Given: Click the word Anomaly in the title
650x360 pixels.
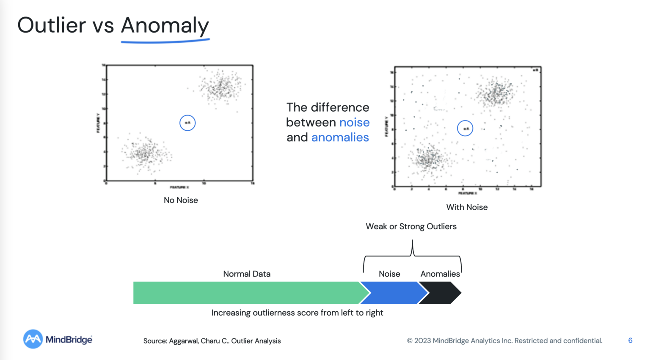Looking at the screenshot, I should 165,25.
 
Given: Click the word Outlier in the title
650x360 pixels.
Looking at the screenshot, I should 52,25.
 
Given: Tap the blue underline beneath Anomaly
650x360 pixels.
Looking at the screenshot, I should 165,41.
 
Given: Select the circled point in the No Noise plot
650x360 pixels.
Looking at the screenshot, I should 187,123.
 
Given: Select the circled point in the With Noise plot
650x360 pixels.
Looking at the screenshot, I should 465,129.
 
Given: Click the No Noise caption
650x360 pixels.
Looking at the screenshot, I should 181,200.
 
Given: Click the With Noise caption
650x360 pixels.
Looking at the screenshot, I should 467,207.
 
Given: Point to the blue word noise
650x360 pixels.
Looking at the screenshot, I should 354,122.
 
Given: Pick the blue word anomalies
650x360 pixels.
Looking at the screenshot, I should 340,137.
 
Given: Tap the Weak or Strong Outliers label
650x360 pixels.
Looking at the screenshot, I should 411,226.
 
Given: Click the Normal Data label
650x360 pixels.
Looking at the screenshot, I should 247,274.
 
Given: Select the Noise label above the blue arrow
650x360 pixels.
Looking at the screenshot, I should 389,274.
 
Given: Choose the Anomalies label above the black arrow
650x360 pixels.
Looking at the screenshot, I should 440,274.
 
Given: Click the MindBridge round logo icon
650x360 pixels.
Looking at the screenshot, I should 33,339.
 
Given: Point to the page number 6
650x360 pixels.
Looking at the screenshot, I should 630,341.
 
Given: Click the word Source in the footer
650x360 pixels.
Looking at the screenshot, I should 154,341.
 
